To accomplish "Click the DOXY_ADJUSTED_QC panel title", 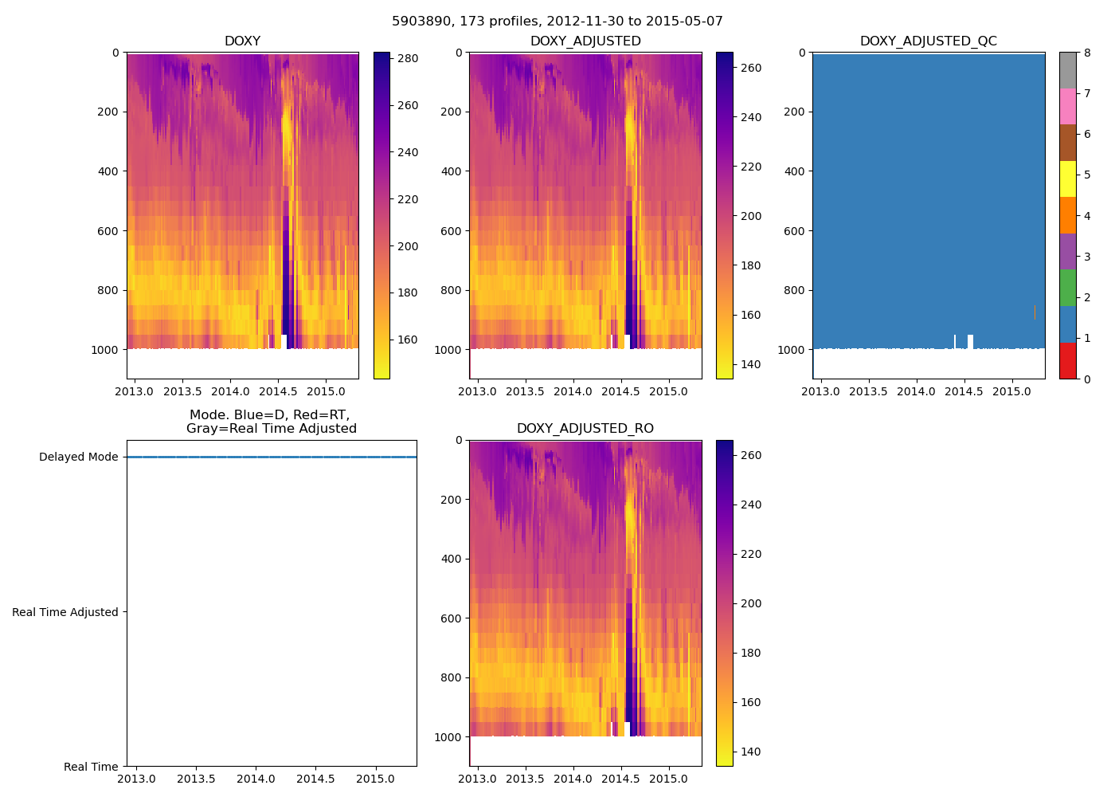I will click(x=928, y=41).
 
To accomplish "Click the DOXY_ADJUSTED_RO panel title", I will click(x=585, y=429).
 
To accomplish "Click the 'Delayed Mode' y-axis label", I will click(x=78, y=457).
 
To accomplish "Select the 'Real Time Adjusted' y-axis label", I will click(x=65, y=612).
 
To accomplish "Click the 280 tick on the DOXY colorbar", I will click(x=408, y=59).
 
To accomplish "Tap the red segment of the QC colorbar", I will click(x=1067, y=360).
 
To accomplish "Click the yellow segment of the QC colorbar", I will click(x=1067, y=179).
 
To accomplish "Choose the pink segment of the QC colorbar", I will click(x=1067, y=106).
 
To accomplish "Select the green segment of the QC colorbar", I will click(x=1067, y=288).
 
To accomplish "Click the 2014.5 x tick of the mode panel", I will click(x=315, y=779).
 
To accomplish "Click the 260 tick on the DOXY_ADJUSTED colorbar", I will click(x=750, y=69).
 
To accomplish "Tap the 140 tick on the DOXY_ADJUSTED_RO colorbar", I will click(x=750, y=752).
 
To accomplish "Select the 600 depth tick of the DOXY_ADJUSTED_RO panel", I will click(x=451, y=618).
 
